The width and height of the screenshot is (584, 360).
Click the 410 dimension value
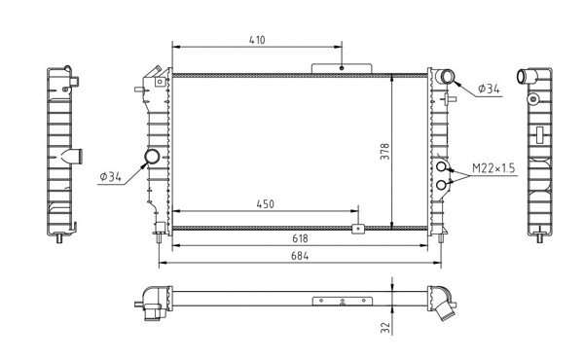point(257,40)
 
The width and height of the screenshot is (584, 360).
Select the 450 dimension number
point(264,205)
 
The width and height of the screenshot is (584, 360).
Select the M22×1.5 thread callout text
point(494,169)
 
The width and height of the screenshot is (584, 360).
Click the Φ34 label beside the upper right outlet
point(489,90)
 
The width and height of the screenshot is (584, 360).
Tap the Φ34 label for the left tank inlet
point(110,177)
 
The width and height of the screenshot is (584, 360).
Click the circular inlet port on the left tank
point(153,158)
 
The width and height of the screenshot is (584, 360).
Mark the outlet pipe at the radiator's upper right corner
point(447,77)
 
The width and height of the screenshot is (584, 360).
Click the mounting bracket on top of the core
point(342,67)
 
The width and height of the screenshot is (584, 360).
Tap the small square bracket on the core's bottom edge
point(357,230)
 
